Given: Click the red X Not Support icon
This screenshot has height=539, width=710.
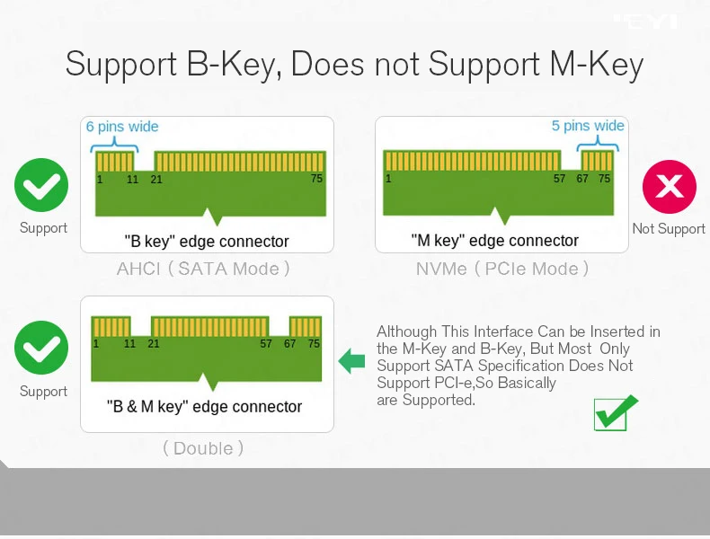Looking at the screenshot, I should click(670, 187).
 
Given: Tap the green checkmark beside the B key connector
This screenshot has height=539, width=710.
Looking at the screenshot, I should click(41, 186).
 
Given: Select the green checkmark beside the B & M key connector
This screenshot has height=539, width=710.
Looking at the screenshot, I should click(41, 348).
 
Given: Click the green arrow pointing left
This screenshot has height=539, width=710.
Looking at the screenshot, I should click(351, 362).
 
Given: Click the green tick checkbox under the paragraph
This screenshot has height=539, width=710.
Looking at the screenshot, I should click(616, 412).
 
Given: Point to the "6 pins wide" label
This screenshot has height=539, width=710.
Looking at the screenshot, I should click(122, 127).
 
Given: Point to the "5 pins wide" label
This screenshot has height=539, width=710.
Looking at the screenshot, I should click(588, 126).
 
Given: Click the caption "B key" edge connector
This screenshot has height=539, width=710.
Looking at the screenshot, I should click(207, 242).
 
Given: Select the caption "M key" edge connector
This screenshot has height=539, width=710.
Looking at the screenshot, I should click(495, 241).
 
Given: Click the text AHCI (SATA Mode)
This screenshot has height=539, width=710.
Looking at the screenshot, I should click(204, 269).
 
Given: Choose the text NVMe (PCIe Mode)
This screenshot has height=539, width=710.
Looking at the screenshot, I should click(502, 269).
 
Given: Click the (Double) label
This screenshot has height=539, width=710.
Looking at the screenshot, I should click(203, 448).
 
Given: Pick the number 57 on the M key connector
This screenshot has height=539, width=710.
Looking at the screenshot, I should click(559, 179).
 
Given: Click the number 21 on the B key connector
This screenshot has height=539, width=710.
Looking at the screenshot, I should click(156, 179).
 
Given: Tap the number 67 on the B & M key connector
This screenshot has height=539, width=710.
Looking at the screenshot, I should click(289, 344).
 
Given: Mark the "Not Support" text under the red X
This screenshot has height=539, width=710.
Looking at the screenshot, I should click(669, 229).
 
